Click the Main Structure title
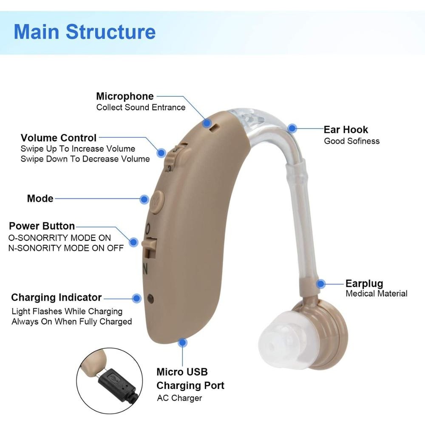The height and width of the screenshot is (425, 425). coord(85,32)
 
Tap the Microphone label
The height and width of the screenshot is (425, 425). coord(125,96)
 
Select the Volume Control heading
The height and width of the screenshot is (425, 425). coord(59,138)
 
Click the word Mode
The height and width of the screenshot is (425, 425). coord(40,198)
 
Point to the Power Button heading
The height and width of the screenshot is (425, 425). coord(42,226)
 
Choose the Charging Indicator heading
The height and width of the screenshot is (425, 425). coord(57,297)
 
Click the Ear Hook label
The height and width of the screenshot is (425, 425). coord(346,130)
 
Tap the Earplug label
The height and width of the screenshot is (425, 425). coord(364,283)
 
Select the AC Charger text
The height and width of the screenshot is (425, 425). coord(179,398)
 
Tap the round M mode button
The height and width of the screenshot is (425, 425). coord(157,201)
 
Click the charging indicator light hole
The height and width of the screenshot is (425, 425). coord(150,299)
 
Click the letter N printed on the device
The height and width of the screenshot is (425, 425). coord(145,269)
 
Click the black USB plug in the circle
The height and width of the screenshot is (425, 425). coord(119,385)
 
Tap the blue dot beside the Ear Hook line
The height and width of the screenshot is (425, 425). coord(292,128)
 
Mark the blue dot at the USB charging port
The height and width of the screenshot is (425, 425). coord(182,343)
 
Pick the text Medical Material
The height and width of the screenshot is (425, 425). coord(377,294)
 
